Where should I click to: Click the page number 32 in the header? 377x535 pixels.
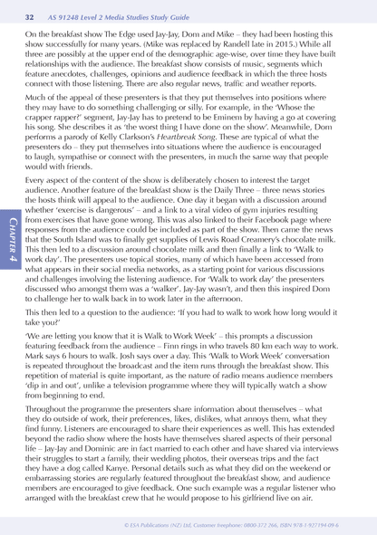coord(30,17)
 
